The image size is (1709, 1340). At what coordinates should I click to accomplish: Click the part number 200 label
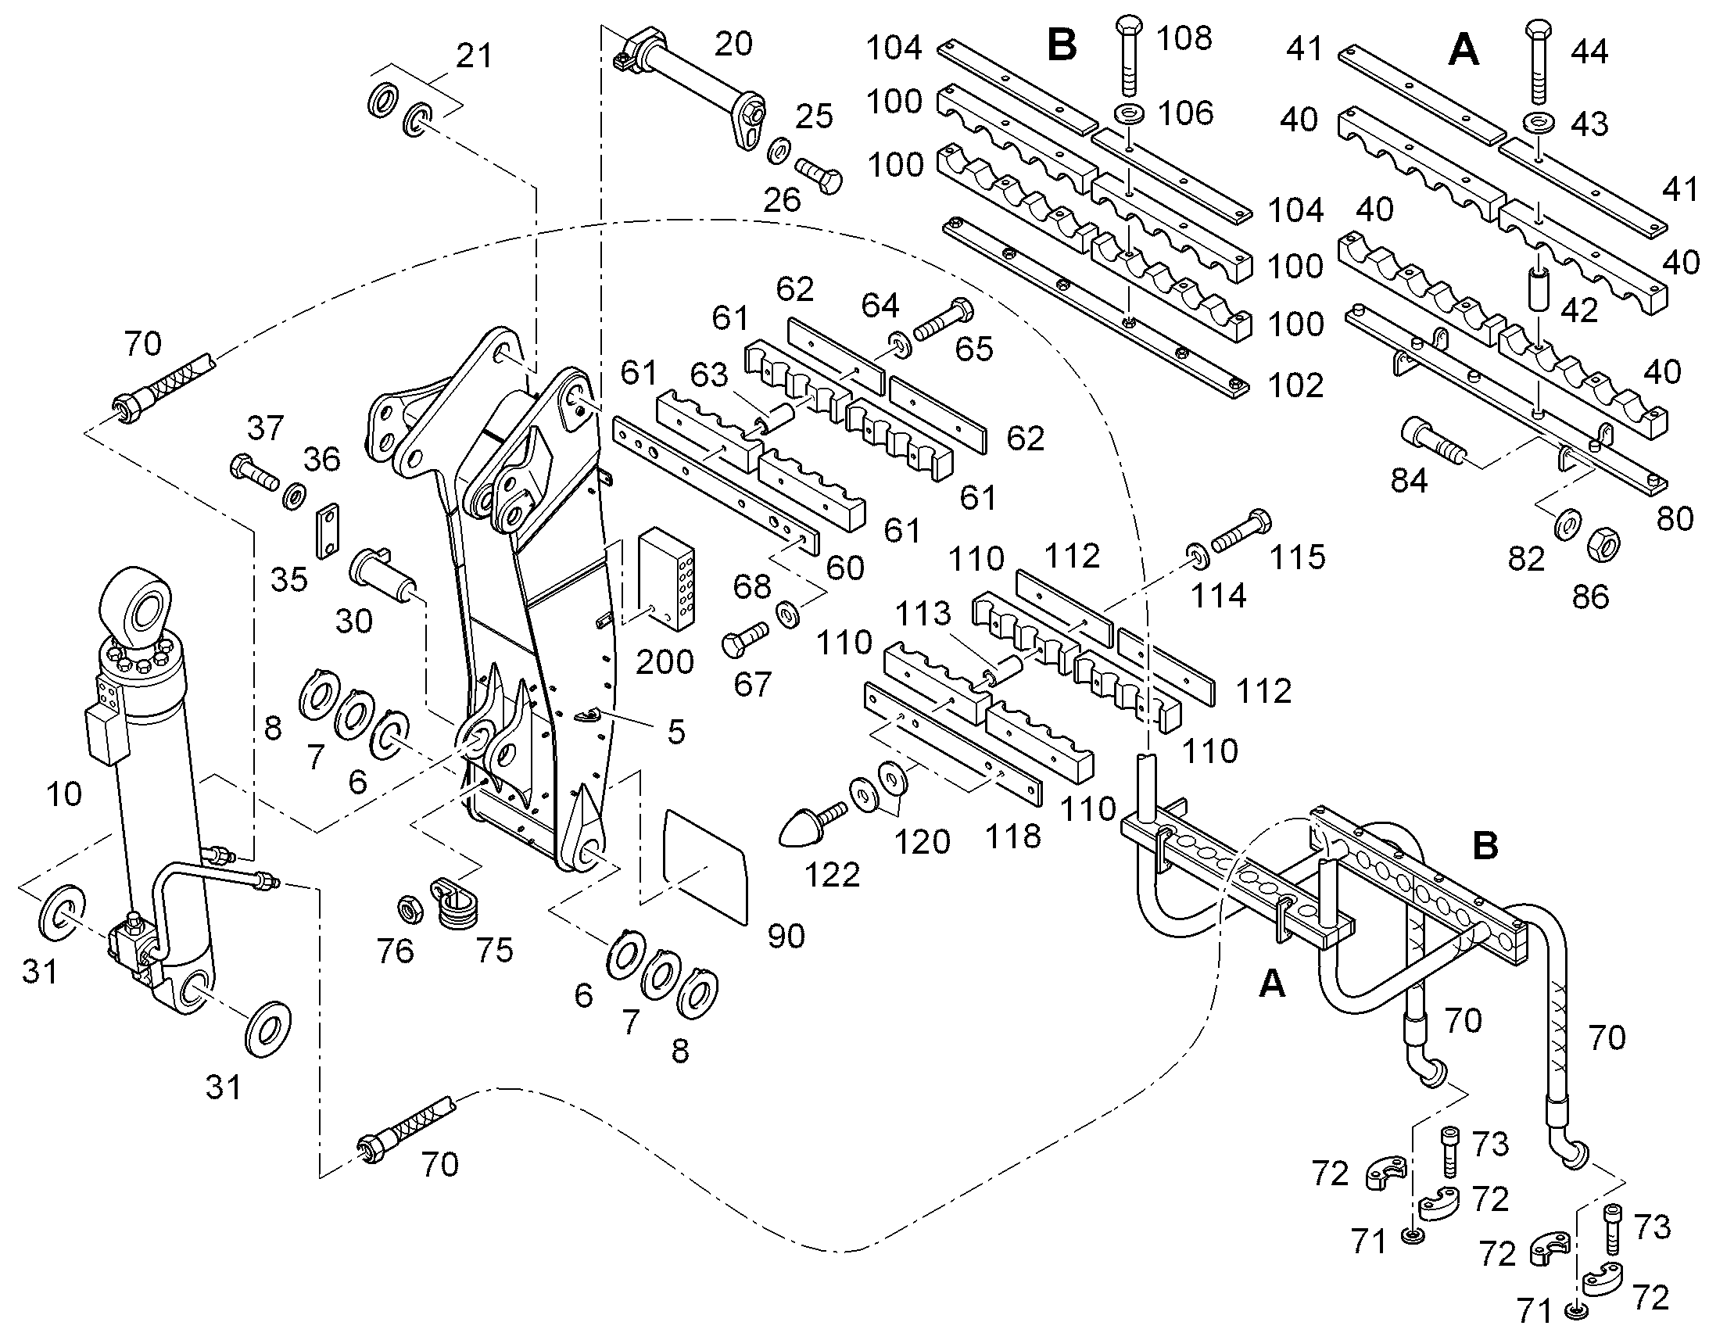pyautogui.click(x=665, y=662)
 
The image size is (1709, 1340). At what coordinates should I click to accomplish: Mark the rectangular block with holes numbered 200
pyautogui.click(x=667, y=578)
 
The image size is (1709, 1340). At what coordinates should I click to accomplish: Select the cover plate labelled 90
pyautogui.click(x=705, y=865)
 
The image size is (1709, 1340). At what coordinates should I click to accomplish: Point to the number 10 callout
pyautogui.click(x=63, y=794)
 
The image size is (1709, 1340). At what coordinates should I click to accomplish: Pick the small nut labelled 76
pyautogui.click(x=409, y=908)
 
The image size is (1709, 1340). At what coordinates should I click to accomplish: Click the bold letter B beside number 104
pyautogui.click(x=1062, y=45)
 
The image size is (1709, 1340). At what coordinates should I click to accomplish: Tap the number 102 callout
pyautogui.click(x=1295, y=385)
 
